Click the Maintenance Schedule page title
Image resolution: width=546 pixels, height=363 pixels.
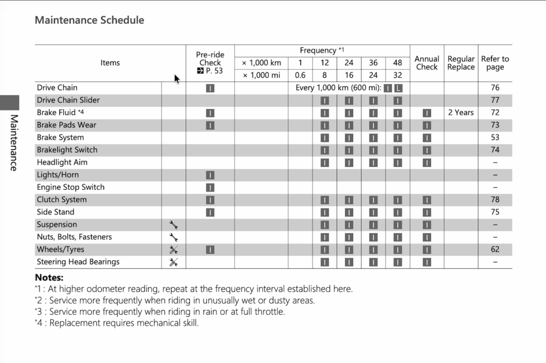(89, 20)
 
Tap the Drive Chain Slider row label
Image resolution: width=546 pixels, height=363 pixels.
(68, 100)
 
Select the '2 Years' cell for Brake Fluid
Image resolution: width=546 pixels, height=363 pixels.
(461, 112)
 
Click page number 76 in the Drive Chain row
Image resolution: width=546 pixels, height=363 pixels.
(495, 87)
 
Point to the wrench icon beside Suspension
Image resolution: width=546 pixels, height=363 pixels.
(173, 225)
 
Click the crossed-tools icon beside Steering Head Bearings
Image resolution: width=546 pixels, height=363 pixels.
(173, 262)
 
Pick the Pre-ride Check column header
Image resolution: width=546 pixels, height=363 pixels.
(210, 63)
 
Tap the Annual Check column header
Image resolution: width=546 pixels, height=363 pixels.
(427, 63)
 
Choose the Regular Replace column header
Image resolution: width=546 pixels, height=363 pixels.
(461, 63)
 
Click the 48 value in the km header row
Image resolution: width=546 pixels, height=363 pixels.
(398, 63)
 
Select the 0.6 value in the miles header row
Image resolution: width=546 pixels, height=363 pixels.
(300, 75)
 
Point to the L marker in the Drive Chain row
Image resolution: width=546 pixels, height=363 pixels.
(398, 88)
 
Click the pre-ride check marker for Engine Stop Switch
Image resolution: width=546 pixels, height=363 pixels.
(210, 188)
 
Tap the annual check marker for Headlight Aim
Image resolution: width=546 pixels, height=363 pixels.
(427, 163)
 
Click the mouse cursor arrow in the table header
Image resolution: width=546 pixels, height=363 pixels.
(176, 78)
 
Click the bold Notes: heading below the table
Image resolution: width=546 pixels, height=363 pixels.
(49, 277)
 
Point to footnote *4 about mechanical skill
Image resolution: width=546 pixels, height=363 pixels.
(116, 323)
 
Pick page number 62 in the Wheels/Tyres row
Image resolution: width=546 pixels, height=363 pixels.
(495, 249)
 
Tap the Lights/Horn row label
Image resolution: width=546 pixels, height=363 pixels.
(58, 175)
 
